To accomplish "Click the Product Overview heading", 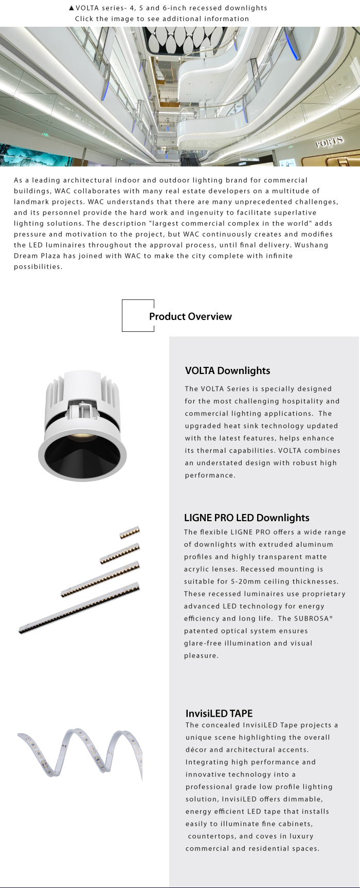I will (190, 316).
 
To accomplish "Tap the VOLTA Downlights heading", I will (227, 370).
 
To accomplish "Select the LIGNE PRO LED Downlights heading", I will (247, 518).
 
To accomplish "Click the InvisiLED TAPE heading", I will (219, 713).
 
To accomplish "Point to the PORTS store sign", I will (329, 143).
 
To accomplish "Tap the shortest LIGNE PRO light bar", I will (130, 532).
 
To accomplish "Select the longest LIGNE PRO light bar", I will (79, 609).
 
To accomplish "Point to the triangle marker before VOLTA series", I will (71, 8).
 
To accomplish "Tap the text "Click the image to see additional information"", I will (162, 19).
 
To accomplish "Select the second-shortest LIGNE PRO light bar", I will (120, 553).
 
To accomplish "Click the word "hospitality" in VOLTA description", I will (298, 401).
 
